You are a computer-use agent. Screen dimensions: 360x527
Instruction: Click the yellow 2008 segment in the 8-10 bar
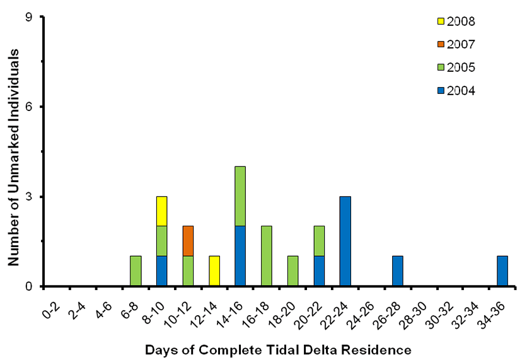tap(161, 211)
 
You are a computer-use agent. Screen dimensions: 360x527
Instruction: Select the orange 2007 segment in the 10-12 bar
tap(188, 241)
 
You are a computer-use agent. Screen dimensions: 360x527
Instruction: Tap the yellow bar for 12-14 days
tap(214, 271)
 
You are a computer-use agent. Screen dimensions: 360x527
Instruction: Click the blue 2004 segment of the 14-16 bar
tap(240, 256)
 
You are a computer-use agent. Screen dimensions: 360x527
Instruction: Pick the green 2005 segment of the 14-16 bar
tap(240, 196)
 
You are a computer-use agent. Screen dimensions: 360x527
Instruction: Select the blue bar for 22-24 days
tap(345, 241)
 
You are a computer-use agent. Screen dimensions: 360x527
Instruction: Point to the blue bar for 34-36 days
tap(502, 271)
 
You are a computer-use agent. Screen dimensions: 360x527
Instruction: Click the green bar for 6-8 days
tap(136, 271)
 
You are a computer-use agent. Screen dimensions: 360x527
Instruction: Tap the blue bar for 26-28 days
tap(398, 271)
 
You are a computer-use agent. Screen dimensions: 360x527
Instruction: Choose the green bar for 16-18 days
tap(267, 256)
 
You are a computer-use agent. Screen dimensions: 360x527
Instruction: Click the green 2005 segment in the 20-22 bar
tap(319, 241)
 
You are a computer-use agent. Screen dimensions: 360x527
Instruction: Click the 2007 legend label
tap(460, 44)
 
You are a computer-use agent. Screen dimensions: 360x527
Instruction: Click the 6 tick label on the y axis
tap(32, 107)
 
